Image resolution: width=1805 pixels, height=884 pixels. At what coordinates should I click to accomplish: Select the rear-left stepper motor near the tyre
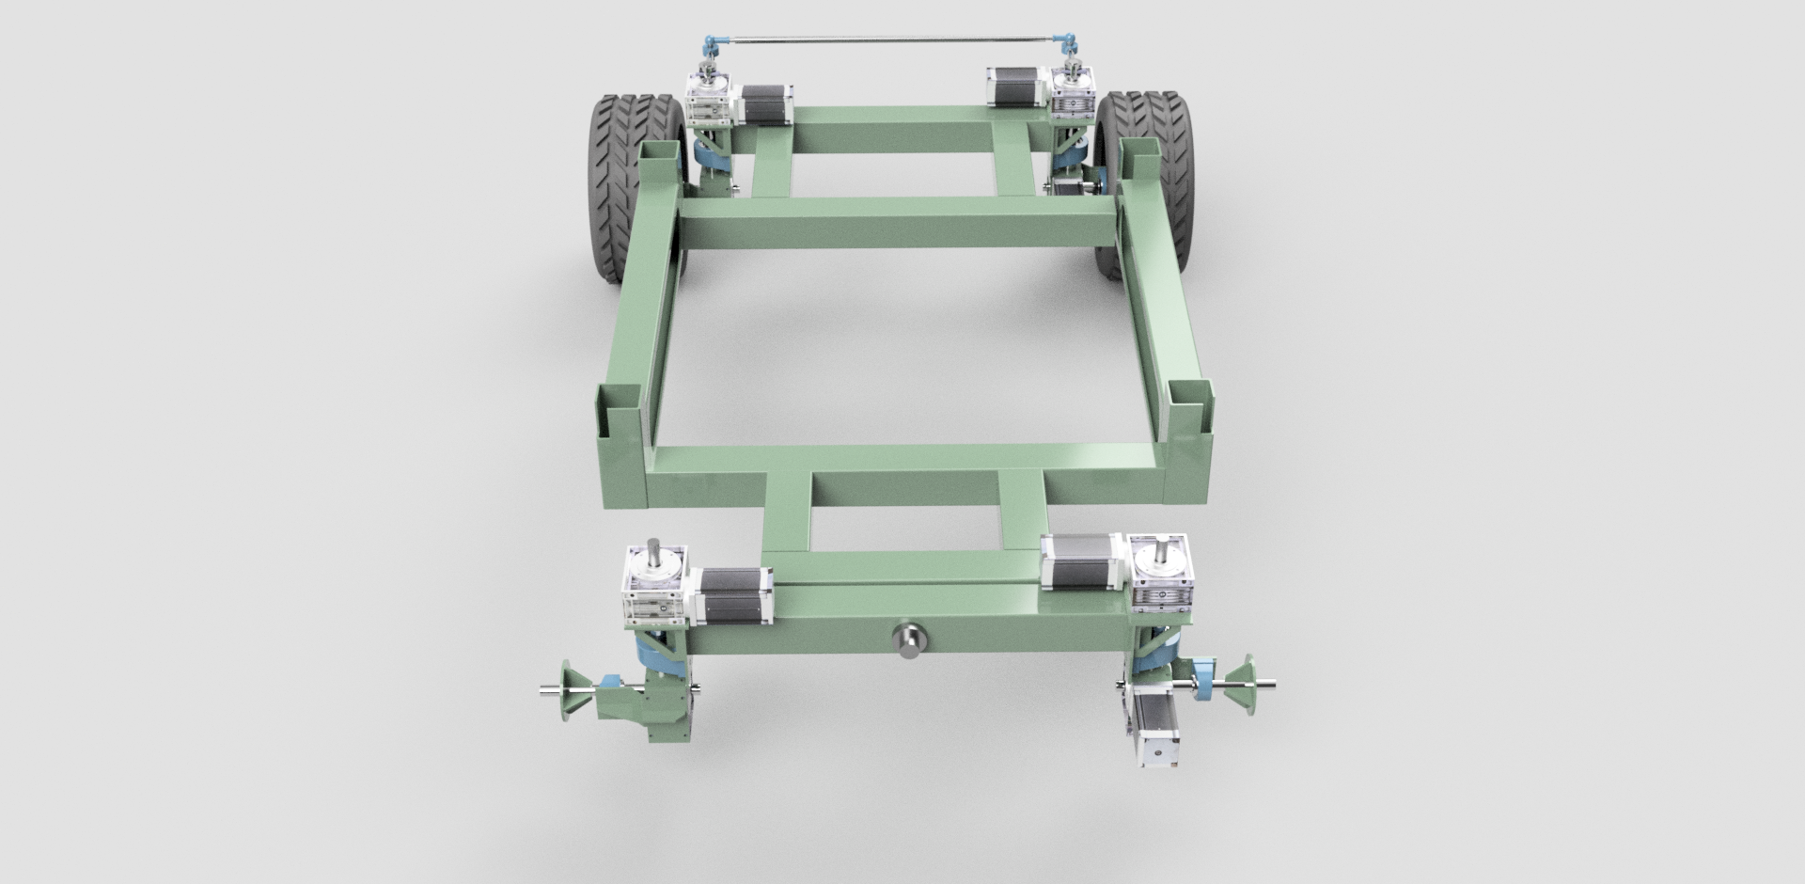coord(768,103)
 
